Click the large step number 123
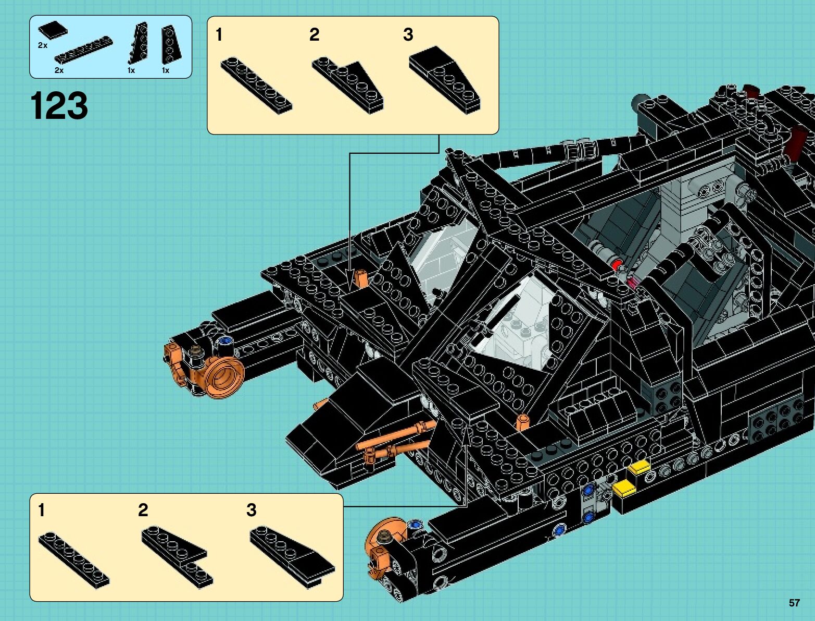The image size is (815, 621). pos(59,106)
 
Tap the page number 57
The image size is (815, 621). pos(794,603)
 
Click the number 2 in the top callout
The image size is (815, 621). pos(314,35)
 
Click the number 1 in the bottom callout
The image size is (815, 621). pos(42,510)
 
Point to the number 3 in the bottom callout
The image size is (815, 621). pos(252,510)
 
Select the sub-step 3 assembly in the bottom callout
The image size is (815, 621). pos(292,555)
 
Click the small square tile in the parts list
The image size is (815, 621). pos(53,30)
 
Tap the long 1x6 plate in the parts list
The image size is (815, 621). pos(83,50)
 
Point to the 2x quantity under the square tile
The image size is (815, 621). pos(43,45)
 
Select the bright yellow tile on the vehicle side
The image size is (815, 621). pos(624,488)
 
